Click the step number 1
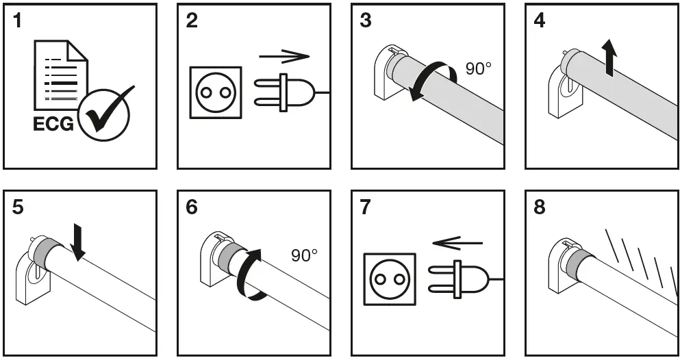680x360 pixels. [18, 21]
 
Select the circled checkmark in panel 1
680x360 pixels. [105, 112]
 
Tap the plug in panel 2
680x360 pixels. [284, 92]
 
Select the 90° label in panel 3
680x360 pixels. [479, 68]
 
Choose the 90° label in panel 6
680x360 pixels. [305, 255]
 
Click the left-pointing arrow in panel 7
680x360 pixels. [458, 242]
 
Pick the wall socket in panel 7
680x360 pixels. [389, 279]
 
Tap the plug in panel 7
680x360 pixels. [459, 279]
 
